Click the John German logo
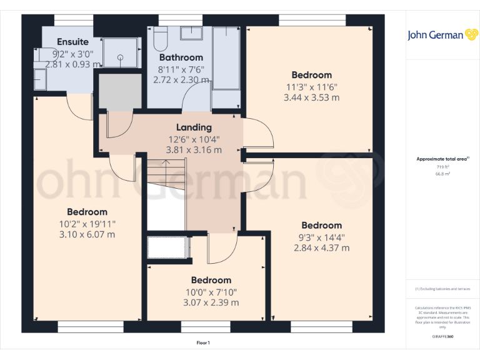pyautogui.click(x=444, y=35)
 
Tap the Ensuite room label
pyautogui.click(x=72, y=42)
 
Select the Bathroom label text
pyautogui.click(x=181, y=57)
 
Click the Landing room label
pyautogui.click(x=194, y=127)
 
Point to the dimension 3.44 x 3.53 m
pyautogui.click(x=311, y=97)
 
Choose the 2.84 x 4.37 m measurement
pyautogui.click(x=322, y=247)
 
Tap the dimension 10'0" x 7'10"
pyautogui.click(x=211, y=292)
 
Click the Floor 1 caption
pyautogui.click(x=202, y=342)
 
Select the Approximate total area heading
pyautogui.click(x=442, y=159)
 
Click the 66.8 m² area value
pyautogui.click(x=442, y=174)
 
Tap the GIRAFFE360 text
pyautogui.click(x=442, y=337)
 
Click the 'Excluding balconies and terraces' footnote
pyautogui.click(x=442, y=289)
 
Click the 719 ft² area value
pyautogui.click(x=442, y=167)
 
